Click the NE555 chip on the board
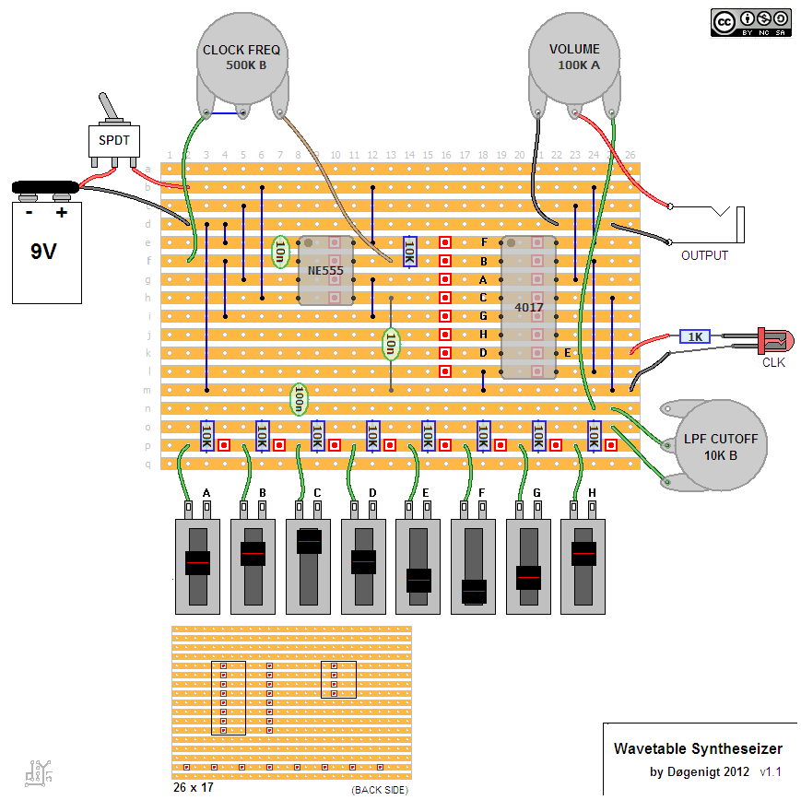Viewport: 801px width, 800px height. tap(325, 270)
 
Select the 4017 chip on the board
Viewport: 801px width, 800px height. tap(529, 307)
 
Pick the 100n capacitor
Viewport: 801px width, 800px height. tap(299, 400)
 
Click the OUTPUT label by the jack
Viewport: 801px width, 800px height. tap(704, 255)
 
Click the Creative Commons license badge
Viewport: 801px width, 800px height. tap(750, 22)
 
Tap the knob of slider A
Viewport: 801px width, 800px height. tap(197, 562)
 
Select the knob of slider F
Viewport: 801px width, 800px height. tap(475, 590)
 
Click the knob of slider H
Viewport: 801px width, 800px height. tap(584, 553)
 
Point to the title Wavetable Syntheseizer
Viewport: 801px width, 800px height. tap(698, 748)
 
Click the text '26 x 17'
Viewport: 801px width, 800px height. tap(193, 789)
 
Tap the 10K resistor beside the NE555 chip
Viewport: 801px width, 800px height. tap(409, 250)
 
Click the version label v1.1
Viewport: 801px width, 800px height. tap(771, 771)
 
